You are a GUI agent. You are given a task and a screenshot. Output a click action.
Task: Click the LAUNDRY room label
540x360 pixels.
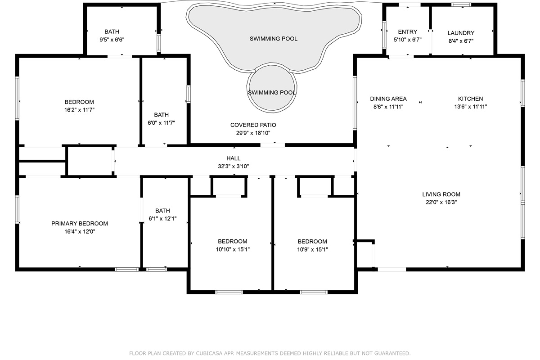(x=461, y=33)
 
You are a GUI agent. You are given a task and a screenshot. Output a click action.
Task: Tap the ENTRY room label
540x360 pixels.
(x=407, y=32)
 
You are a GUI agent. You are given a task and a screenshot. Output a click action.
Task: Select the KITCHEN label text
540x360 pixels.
(x=470, y=99)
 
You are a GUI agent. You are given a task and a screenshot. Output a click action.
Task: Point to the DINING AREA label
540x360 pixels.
(x=388, y=99)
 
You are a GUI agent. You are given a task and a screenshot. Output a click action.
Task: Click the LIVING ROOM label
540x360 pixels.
(x=441, y=194)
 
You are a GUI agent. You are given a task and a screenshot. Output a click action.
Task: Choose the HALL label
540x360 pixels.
(x=234, y=158)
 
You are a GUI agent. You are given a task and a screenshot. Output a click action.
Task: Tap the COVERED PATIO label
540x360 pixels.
(x=253, y=125)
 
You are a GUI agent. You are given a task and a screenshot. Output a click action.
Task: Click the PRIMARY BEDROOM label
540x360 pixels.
(x=80, y=224)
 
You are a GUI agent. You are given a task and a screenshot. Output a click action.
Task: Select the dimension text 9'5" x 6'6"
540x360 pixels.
(x=112, y=40)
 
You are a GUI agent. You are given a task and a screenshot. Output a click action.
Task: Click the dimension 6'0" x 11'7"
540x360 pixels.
(x=161, y=123)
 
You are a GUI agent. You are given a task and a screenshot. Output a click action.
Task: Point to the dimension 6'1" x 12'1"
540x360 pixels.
(x=162, y=218)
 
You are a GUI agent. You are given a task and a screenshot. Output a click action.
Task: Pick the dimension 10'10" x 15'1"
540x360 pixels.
(x=233, y=249)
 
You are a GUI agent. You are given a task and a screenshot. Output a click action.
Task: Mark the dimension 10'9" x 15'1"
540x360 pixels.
(x=312, y=249)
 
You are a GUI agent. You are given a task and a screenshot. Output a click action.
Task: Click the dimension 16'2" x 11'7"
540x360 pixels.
(x=79, y=110)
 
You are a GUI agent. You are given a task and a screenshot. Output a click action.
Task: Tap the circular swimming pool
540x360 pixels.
(x=272, y=88)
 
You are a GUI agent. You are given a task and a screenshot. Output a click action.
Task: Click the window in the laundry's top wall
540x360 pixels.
(x=461, y=4)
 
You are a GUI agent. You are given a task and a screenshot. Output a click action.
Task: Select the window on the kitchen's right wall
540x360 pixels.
(x=522, y=93)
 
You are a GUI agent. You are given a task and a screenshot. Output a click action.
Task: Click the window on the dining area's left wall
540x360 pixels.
(x=355, y=103)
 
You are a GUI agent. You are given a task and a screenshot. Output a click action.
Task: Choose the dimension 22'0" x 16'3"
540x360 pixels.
(x=441, y=202)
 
